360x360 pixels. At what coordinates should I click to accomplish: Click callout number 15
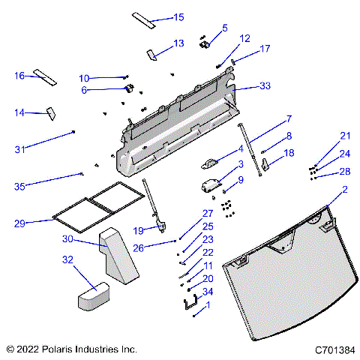[x=178, y=17]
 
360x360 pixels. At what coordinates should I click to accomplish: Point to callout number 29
[x=20, y=223]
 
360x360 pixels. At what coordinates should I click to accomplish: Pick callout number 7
[x=288, y=119]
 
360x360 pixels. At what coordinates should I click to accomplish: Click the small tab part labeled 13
[x=151, y=54]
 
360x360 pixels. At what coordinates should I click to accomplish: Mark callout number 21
[x=345, y=136]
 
